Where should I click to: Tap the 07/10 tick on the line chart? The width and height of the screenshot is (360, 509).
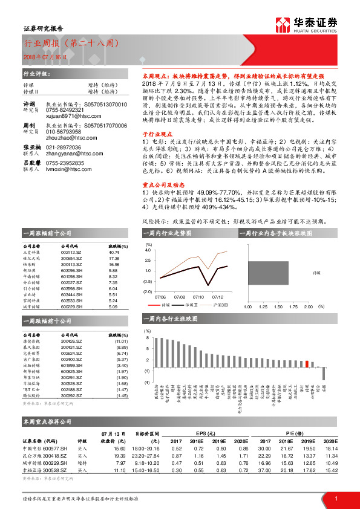198,297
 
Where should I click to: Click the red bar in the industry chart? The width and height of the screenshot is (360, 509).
308,364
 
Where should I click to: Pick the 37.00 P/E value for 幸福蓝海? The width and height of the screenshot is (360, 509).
264,470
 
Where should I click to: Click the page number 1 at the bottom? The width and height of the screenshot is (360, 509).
336,498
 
